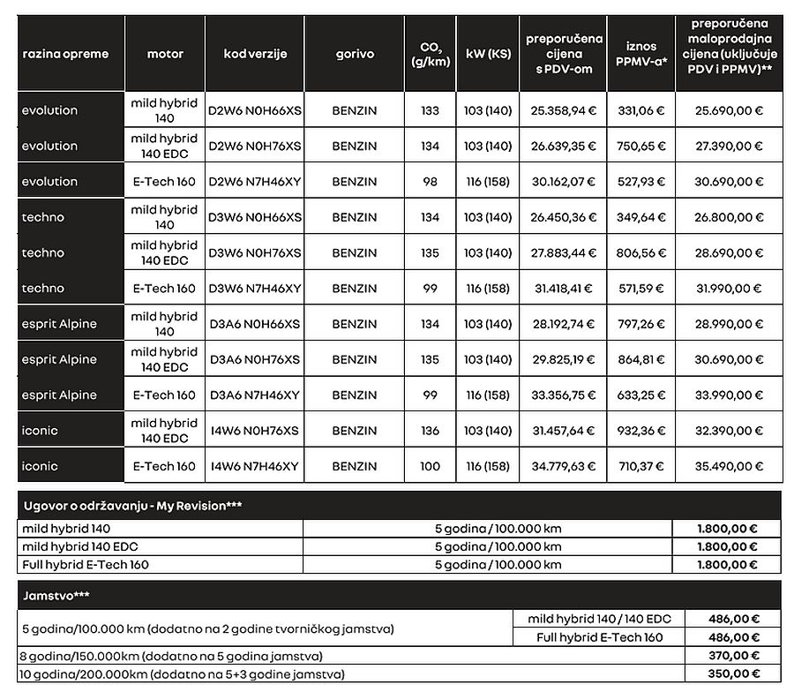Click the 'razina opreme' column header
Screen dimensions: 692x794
point(65,54)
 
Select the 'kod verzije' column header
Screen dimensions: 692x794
point(255,54)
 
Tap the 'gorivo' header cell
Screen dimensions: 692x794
point(355,54)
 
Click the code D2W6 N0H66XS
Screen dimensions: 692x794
point(255,111)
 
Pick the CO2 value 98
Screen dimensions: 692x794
point(430,182)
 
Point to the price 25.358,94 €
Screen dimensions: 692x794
point(564,111)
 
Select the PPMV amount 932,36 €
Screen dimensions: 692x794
point(641,431)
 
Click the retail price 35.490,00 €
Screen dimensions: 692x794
point(729,466)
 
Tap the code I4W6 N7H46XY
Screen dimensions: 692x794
point(255,466)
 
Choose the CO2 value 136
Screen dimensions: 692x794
point(430,431)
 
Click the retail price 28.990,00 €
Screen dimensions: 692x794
point(729,324)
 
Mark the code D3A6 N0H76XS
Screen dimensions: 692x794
point(255,359)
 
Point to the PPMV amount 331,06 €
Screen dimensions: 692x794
point(641,111)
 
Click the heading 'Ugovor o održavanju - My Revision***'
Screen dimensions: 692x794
point(132,506)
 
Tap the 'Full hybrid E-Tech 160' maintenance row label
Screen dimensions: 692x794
point(86,565)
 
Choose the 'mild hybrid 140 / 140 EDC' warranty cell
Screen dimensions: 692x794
point(599,619)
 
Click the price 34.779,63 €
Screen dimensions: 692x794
point(564,466)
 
